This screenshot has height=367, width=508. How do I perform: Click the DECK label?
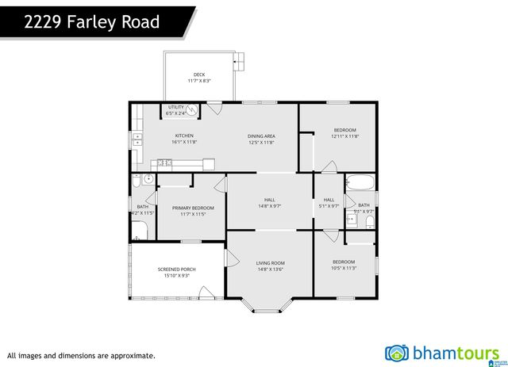coord(198,75)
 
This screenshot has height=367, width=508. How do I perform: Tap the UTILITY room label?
coord(175,107)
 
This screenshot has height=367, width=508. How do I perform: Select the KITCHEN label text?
coord(184,136)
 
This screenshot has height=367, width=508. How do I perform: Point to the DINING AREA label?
coord(261,136)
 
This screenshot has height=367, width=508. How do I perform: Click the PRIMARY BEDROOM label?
coord(193,208)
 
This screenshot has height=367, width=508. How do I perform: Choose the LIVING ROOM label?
coord(270,262)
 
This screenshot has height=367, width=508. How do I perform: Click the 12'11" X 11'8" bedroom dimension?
coord(344,136)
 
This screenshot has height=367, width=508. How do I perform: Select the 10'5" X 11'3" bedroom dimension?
coord(344,268)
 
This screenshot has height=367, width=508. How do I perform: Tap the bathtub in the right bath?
coord(361,183)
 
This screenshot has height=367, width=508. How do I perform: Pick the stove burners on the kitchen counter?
coord(164,163)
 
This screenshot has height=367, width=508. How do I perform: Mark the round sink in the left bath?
coord(148,179)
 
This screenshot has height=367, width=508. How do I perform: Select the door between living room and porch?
coord(231,258)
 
